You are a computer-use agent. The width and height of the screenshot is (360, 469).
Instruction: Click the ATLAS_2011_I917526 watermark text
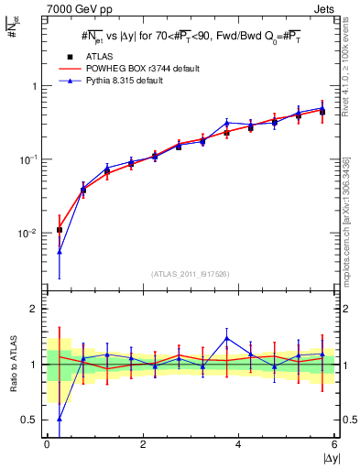(190, 274)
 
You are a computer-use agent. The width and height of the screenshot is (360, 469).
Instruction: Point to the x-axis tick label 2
(143, 443)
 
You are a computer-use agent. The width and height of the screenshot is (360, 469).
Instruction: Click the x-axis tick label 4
(239, 443)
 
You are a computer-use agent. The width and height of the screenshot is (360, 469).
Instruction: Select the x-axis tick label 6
(334, 443)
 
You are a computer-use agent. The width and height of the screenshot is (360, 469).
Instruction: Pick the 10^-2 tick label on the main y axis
(27, 234)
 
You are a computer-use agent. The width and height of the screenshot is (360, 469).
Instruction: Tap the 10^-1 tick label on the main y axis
(27, 159)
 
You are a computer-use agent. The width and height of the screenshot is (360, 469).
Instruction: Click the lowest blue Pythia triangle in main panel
(59, 251)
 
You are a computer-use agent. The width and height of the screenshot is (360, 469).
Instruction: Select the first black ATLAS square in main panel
(59, 230)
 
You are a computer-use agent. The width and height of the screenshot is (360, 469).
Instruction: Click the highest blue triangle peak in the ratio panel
(226, 338)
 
